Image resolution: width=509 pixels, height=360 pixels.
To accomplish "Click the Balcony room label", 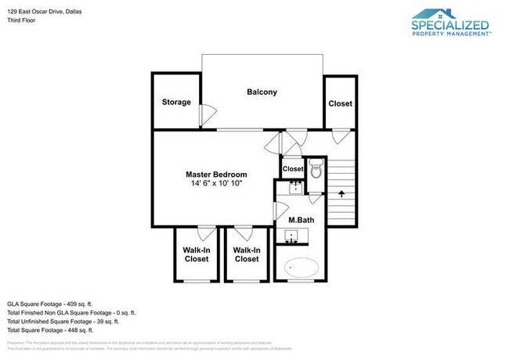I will [x=262, y=92].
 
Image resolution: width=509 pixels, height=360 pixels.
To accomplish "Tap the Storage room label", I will [x=176, y=102].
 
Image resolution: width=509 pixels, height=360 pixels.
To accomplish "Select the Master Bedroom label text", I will [x=216, y=174].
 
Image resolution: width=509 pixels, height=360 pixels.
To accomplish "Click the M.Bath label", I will [x=301, y=220].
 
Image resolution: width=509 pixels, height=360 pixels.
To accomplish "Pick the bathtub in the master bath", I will [x=301, y=267].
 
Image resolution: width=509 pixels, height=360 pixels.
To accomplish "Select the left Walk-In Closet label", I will [x=196, y=254].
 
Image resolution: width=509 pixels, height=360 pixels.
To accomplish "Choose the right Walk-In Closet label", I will [x=247, y=254].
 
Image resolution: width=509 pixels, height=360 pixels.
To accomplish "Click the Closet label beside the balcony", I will [x=340, y=103].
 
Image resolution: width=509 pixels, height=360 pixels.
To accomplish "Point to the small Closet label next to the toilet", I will [x=293, y=168].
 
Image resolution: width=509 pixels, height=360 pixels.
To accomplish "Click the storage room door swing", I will [x=206, y=116].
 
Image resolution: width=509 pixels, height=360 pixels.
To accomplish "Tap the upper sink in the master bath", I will [x=295, y=188].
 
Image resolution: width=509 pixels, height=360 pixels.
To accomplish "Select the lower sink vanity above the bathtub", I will [x=294, y=236].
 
